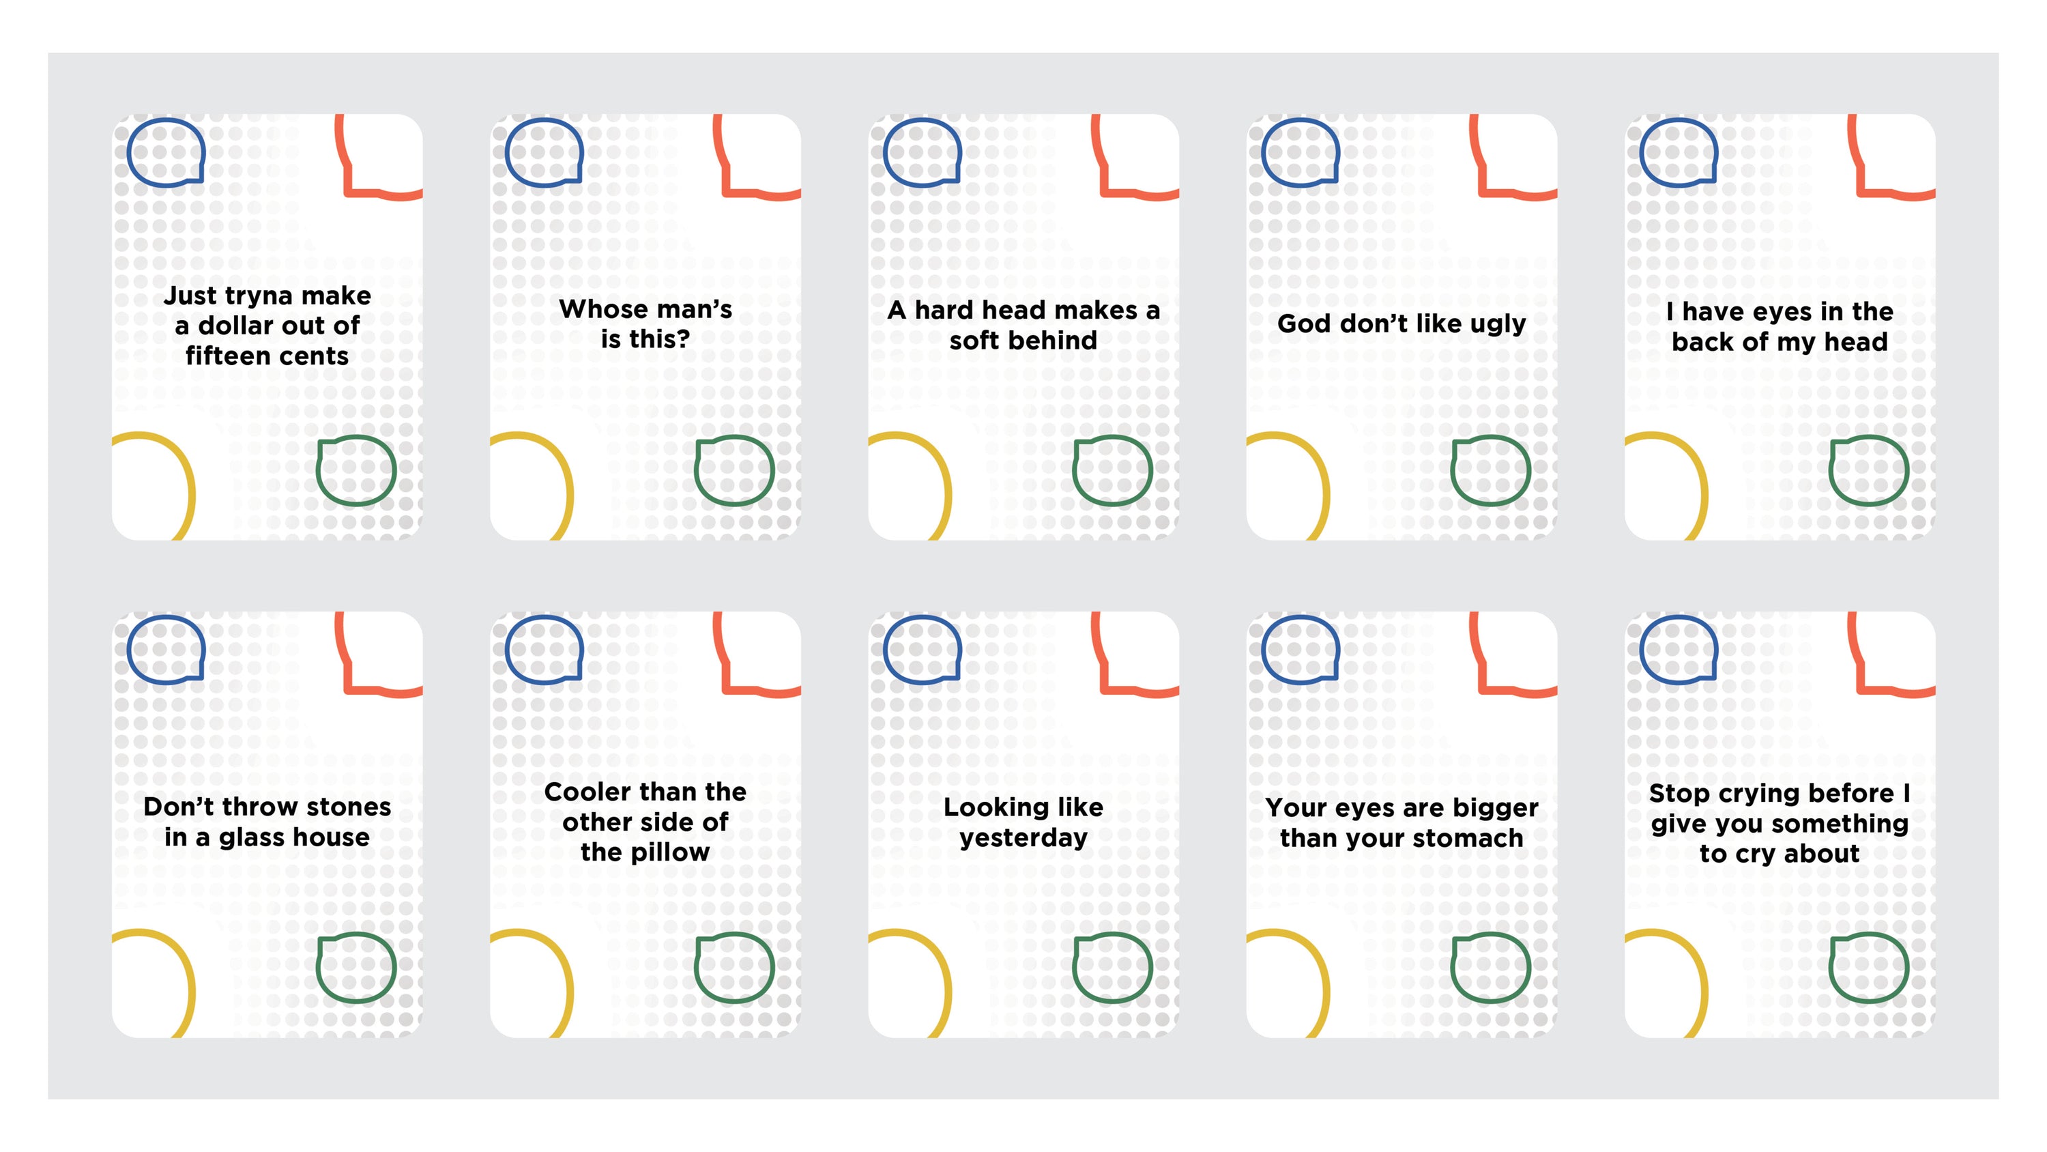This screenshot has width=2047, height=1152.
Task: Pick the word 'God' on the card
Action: coord(1305,323)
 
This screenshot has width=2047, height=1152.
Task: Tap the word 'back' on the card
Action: coord(1702,342)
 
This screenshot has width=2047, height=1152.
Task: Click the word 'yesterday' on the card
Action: coord(1023,839)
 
